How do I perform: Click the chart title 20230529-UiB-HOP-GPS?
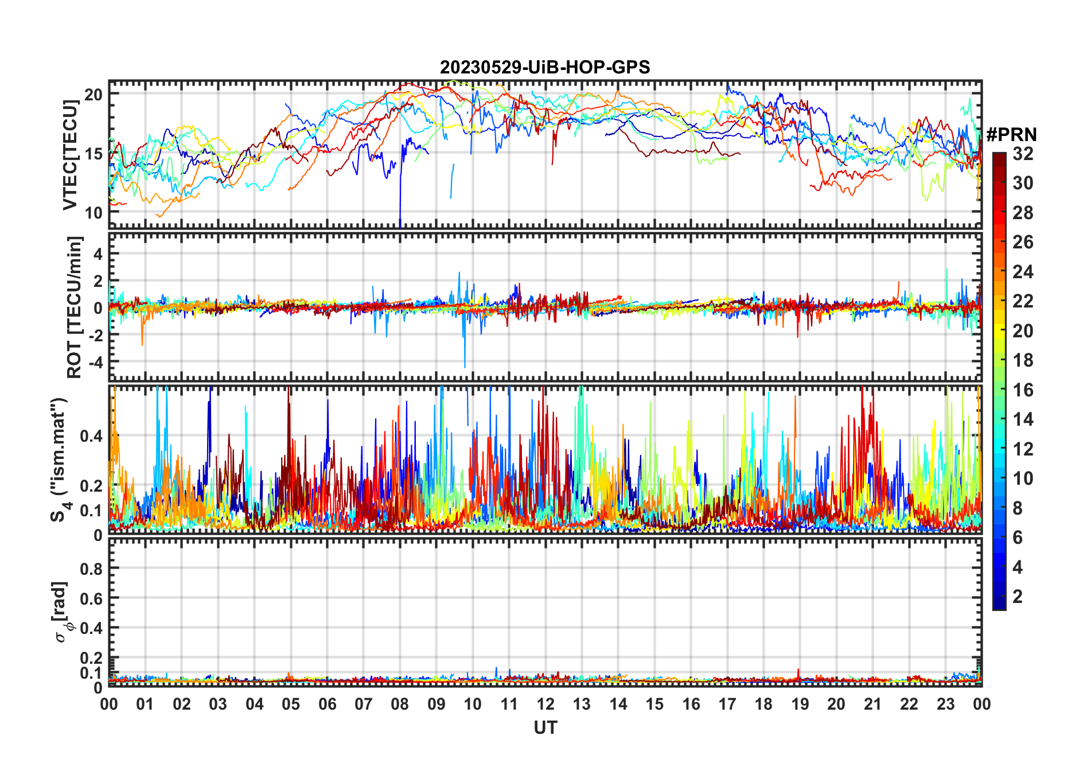pos(545,68)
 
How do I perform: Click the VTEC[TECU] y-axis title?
pos(70,155)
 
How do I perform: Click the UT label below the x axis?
pos(545,728)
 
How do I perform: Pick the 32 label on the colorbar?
pos(1023,154)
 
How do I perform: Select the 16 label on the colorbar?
pos(1023,390)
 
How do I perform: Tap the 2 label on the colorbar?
pos(1018,597)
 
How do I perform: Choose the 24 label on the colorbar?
pos(1023,272)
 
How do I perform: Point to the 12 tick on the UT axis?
pos(545,704)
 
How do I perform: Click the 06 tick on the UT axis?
pos(328,704)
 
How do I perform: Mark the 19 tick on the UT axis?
pos(800,704)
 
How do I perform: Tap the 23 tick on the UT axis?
pos(945,704)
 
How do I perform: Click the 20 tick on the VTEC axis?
pos(93,94)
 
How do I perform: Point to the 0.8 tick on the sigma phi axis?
pos(91,569)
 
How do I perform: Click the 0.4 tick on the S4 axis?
pos(91,436)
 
